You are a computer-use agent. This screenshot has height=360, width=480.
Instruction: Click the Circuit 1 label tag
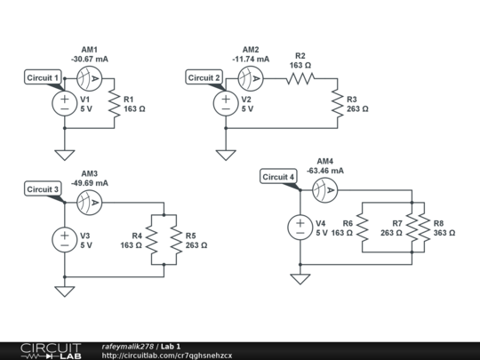[44, 78]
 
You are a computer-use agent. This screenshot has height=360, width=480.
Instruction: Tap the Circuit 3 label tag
[43, 189]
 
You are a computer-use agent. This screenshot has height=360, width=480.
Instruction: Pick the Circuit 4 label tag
[279, 177]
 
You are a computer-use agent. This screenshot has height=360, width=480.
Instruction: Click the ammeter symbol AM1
[90, 79]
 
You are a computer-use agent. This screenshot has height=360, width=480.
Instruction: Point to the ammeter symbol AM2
[252, 79]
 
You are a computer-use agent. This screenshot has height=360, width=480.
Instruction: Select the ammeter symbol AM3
[90, 204]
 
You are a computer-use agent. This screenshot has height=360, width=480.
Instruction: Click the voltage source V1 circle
[65, 104]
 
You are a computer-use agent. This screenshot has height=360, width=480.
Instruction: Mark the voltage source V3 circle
[65, 239]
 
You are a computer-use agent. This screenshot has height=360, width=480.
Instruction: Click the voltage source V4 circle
[300, 227]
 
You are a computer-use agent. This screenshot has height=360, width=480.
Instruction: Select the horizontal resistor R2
[300, 79]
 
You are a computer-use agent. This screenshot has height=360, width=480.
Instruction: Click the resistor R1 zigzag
[114, 104]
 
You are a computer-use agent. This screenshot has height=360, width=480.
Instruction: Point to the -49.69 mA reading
[90, 182]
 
